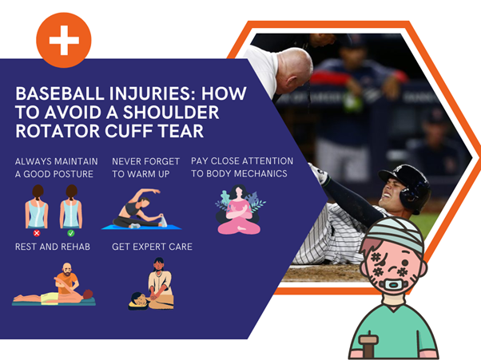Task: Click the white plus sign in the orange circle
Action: pos(64,40)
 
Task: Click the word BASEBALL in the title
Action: pos(59,93)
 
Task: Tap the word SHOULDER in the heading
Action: pos(171,113)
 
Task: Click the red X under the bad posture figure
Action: pos(37,233)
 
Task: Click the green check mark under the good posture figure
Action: pos(71,233)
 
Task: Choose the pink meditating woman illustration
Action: pos(239,210)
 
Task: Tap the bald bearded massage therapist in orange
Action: pos(66,279)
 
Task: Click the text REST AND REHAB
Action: pos(53,247)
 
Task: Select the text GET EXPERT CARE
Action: pos(152,247)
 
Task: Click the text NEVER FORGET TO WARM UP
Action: pos(145,168)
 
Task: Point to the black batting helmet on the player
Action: pos(407,187)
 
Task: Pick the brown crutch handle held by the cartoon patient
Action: pos(369,340)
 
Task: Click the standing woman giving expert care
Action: pos(160,279)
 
